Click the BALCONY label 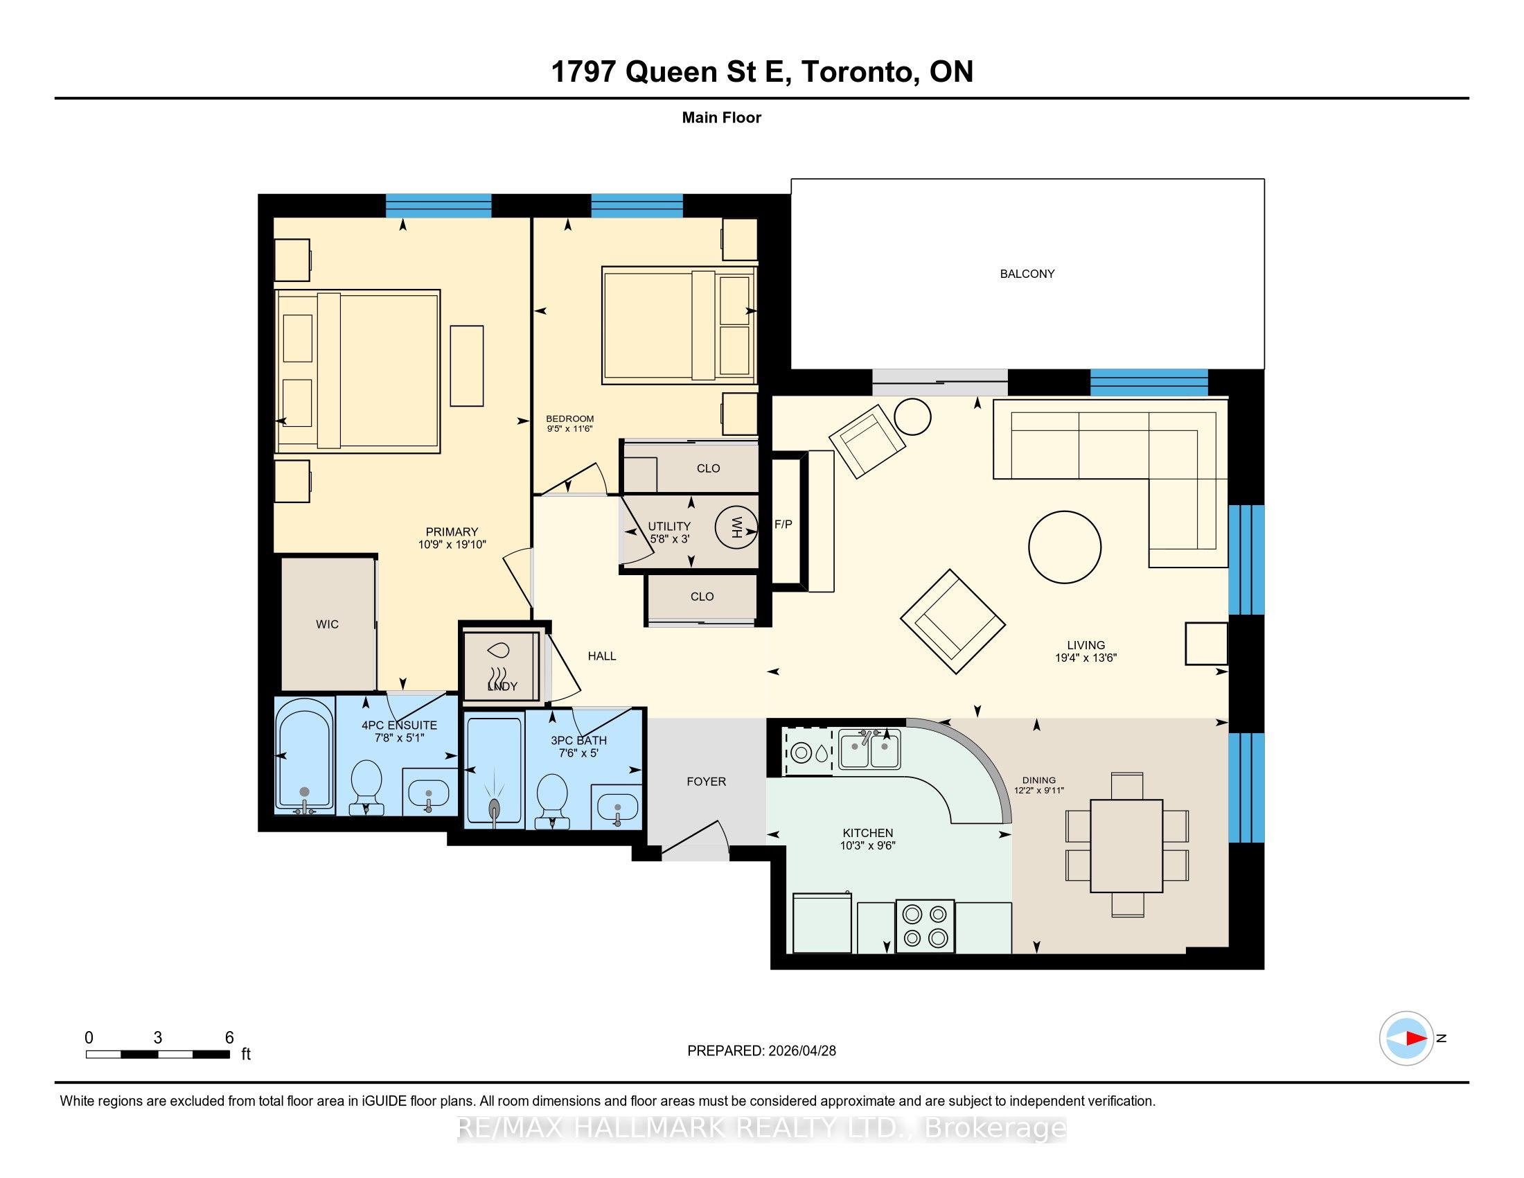coord(1027,274)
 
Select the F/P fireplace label coord(783,524)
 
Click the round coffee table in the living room coord(1065,547)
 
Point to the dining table coord(1126,846)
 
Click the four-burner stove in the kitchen coord(925,924)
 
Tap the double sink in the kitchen coord(869,749)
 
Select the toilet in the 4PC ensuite coord(366,786)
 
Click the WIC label coord(327,624)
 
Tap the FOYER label coord(706,782)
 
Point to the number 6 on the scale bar coord(229,1038)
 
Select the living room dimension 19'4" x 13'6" coord(1086,658)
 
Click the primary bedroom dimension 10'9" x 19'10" coord(452,545)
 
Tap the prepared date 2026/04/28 coord(801,1050)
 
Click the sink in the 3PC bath coord(616,807)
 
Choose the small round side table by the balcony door coord(913,416)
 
